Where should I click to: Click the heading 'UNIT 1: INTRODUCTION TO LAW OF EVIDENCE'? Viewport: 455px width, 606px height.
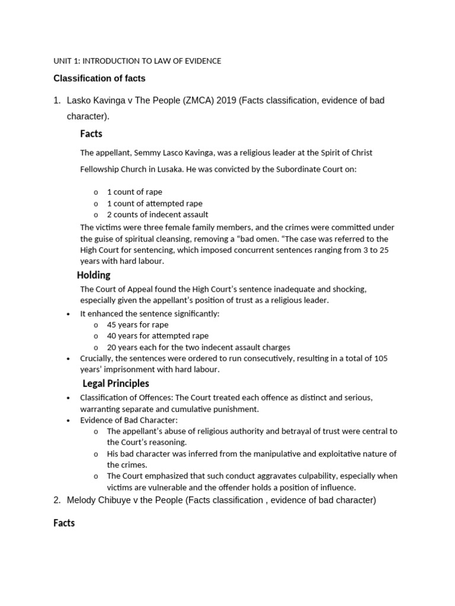pyautogui.click(x=137, y=61)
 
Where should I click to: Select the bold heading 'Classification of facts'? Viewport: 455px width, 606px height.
pyautogui.click(x=99, y=79)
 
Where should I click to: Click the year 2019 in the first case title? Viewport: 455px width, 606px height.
pyautogui.click(x=226, y=101)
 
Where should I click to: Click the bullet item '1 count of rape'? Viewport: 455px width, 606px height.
pyautogui.click(x=134, y=192)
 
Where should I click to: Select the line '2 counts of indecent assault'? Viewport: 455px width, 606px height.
pyautogui.click(x=157, y=214)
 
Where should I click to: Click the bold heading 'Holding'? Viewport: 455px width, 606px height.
pyautogui.click(x=94, y=275)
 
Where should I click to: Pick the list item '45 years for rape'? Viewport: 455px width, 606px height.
pyautogui.click(x=137, y=325)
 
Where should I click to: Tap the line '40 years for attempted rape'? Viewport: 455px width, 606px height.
pyautogui.click(x=158, y=336)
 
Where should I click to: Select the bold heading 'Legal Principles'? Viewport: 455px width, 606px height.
pyautogui.click(x=116, y=383)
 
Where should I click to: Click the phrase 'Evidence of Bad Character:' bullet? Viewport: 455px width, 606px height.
pyautogui.click(x=129, y=420)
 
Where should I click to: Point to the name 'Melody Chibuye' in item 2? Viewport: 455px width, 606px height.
pyautogui.click(x=97, y=500)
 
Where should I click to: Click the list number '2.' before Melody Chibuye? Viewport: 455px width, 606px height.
pyautogui.click(x=57, y=500)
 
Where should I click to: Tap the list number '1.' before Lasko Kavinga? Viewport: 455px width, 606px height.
pyautogui.click(x=57, y=101)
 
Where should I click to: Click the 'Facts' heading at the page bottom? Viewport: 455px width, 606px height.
pyautogui.click(x=64, y=523)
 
